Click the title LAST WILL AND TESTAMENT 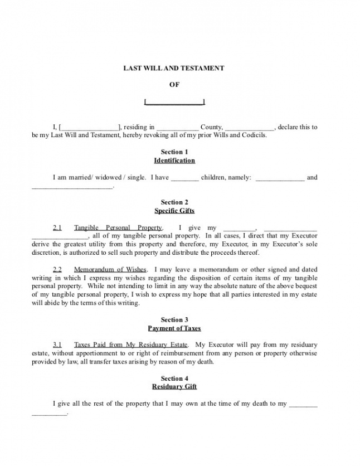click(173, 68)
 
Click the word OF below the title click(174, 85)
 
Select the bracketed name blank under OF click(174, 102)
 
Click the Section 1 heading click(174, 152)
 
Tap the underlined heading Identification click(174, 161)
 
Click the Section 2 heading click(174, 202)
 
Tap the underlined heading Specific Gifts click(174, 211)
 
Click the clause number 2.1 click(57, 227)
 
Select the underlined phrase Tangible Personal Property click(118, 227)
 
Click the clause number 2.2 click(57, 269)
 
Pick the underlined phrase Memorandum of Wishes click(110, 269)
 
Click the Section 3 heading click(174, 319)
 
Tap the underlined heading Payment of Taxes click(174, 328)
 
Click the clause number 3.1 click(57, 345)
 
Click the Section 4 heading click(174, 378)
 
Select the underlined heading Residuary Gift click(174, 387)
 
